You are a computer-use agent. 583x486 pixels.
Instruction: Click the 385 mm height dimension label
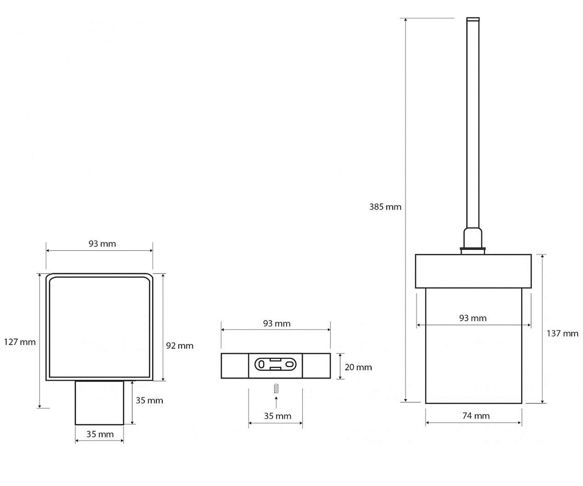coord(385,207)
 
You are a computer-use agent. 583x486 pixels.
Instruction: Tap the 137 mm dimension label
coord(562,333)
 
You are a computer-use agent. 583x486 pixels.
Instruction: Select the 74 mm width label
coord(476,416)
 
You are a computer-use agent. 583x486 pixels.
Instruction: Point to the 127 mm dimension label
coord(20,342)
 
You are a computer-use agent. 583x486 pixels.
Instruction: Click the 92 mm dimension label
coord(180,346)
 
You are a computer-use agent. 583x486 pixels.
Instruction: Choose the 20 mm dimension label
coord(358,367)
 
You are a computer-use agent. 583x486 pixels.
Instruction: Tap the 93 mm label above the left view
coord(102,244)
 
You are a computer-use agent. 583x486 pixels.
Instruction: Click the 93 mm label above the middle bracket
coord(277,324)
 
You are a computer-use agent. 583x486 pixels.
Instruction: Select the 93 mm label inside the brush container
coord(473,318)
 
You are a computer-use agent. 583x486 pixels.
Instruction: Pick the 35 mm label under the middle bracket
coord(277,416)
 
